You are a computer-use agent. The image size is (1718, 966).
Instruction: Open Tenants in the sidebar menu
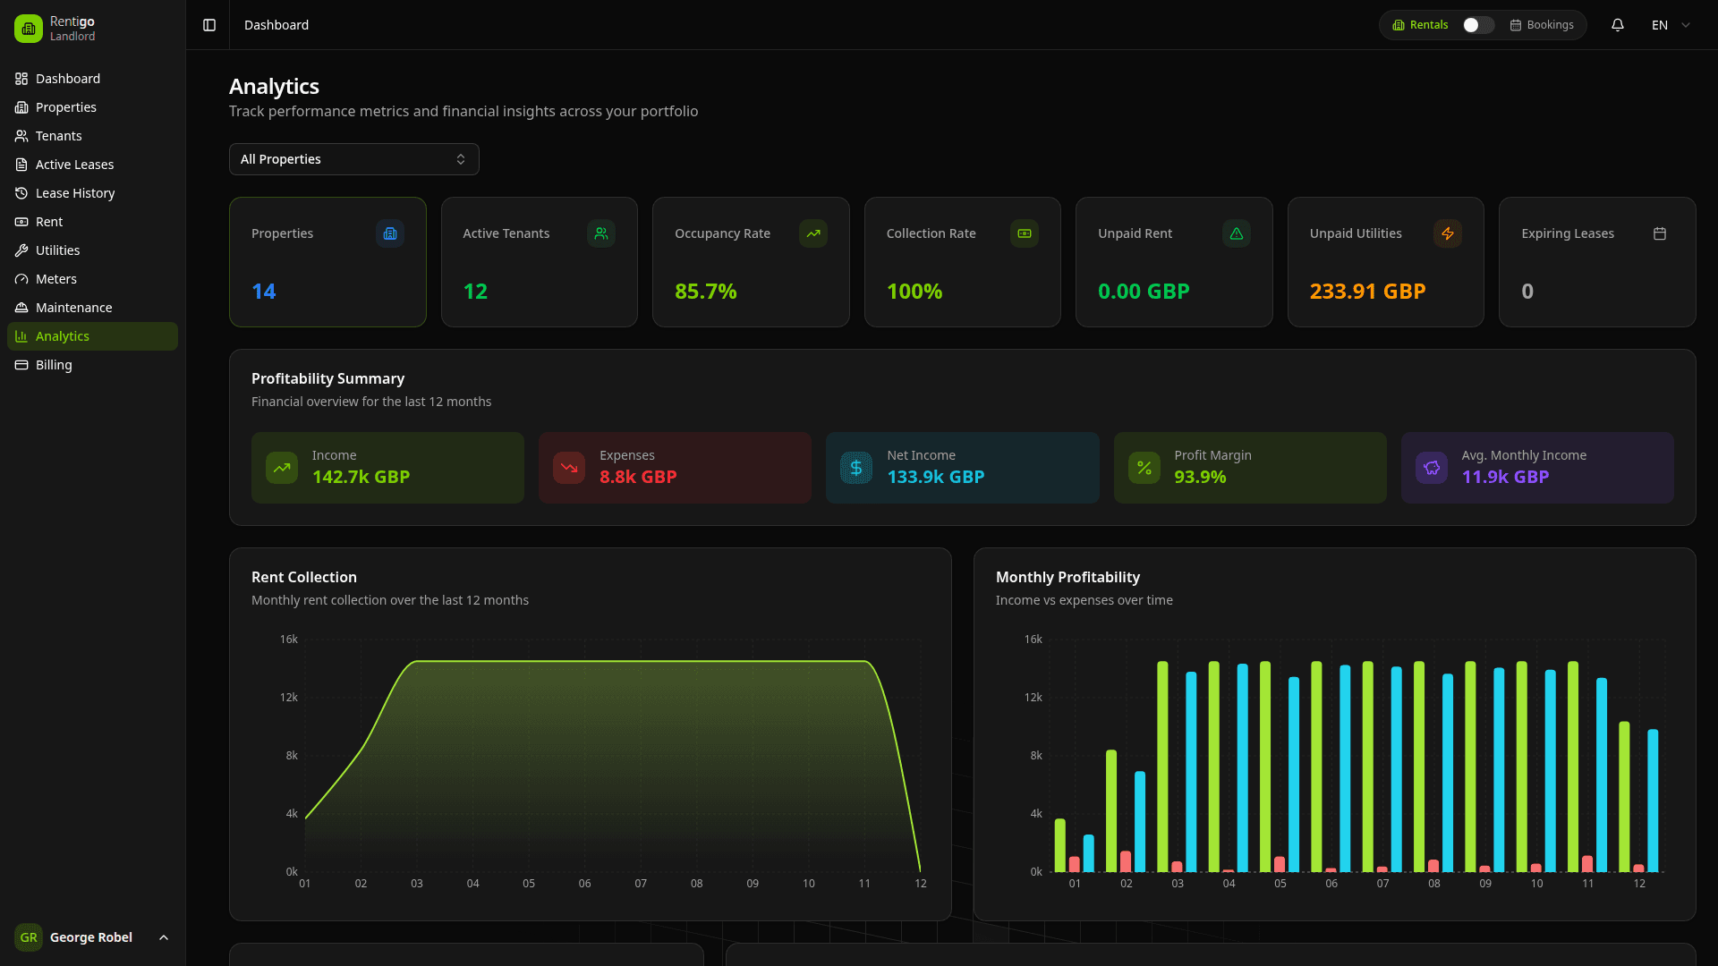tap(58, 136)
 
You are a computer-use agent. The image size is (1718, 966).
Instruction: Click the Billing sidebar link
tap(54, 365)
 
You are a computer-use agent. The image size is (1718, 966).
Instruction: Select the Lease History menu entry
tap(74, 193)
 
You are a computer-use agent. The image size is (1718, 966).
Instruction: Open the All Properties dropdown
tap(353, 159)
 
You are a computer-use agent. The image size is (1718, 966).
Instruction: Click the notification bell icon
tap(1617, 25)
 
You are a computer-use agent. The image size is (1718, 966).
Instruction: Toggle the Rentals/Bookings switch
tap(1477, 25)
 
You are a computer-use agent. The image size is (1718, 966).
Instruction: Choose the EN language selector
tap(1670, 25)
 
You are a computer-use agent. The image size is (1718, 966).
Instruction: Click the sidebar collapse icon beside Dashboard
tap(209, 25)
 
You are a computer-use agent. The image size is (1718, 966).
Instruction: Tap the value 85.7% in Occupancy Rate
tap(705, 292)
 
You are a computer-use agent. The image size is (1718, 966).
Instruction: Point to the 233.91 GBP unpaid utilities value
tap(1367, 292)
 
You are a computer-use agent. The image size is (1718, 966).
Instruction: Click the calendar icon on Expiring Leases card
tap(1659, 233)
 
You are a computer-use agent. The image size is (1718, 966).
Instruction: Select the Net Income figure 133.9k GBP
tap(935, 477)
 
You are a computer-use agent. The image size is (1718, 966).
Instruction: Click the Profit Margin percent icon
tap(1144, 468)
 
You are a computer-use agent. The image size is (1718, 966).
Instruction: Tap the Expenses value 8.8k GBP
tap(637, 477)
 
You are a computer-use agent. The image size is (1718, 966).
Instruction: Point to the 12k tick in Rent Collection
tap(288, 698)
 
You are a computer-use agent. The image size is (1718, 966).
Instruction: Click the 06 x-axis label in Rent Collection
tap(584, 884)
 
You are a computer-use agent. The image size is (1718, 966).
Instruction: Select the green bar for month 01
tap(1060, 845)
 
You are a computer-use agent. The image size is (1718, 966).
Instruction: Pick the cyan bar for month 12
tap(1653, 801)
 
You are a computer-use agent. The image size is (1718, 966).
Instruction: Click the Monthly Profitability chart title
tap(1067, 577)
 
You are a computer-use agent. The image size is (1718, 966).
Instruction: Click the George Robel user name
tap(90, 937)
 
